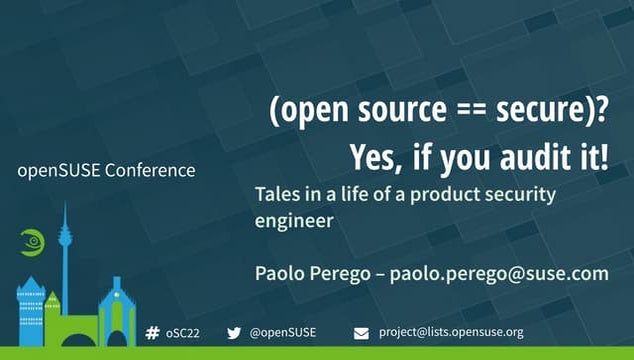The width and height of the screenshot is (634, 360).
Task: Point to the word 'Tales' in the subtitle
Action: point(279,195)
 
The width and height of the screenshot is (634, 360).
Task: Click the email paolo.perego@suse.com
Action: point(499,272)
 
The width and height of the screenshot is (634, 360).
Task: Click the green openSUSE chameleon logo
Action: point(31,242)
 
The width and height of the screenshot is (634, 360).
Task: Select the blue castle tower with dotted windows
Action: point(31,312)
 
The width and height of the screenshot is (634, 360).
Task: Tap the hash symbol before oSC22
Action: point(153,332)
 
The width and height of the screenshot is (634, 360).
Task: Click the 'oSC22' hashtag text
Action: point(183,332)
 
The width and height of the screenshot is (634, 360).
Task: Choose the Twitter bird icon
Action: point(235,332)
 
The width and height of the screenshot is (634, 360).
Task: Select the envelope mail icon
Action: point(362,332)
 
